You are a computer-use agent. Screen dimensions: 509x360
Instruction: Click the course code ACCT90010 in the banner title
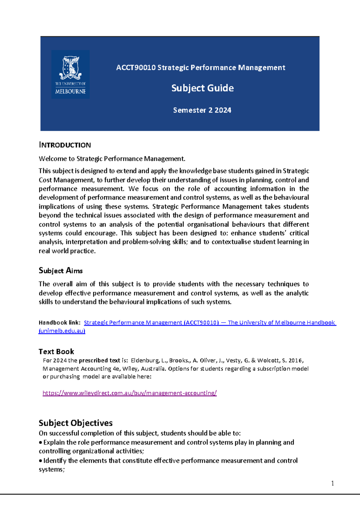click(136, 68)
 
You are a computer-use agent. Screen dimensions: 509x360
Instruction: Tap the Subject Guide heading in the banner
click(202, 88)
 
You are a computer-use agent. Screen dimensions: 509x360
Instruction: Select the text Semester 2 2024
click(202, 110)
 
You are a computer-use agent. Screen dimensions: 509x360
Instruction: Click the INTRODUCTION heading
click(65, 145)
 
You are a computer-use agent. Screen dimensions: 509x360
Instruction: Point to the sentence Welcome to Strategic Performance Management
click(112, 159)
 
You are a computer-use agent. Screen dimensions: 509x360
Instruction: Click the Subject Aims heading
click(61, 271)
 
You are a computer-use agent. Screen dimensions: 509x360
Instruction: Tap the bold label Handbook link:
click(59, 323)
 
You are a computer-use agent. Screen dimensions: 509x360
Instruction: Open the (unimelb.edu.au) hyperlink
click(62, 331)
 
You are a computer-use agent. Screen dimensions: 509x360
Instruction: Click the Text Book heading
click(56, 352)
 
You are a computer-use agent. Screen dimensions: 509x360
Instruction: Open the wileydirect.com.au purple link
click(130, 393)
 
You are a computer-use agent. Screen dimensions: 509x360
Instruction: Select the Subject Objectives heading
click(76, 423)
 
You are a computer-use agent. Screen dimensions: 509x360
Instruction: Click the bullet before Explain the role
click(41, 442)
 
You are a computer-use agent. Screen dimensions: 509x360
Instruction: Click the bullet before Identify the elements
click(41, 461)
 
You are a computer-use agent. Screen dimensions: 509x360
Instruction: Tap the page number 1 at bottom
click(332, 483)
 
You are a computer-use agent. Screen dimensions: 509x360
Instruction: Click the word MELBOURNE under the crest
click(70, 91)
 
